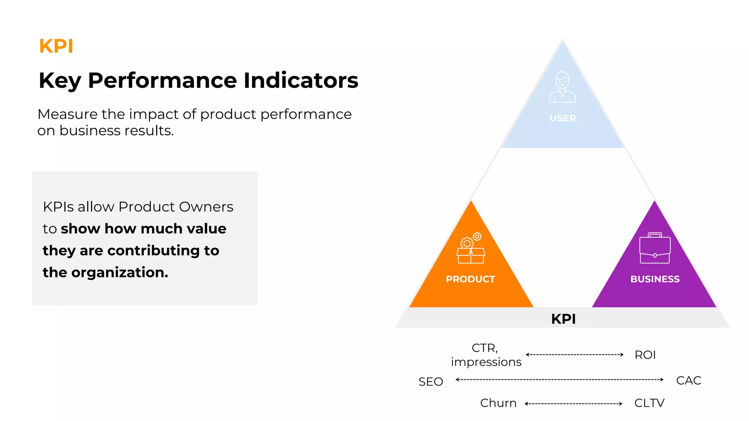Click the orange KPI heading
tap(56, 46)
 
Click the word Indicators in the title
tap(301, 80)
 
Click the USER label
tap(562, 118)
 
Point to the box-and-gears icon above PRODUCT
tap(471, 248)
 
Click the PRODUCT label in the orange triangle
tap(470, 279)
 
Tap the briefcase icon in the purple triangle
tap(655, 248)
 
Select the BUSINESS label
tap(655, 279)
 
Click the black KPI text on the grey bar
tap(563, 319)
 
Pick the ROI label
tap(645, 355)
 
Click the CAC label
tap(688, 380)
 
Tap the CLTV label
tap(649, 403)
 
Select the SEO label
tap(430, 382)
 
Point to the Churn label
tap(498, 403)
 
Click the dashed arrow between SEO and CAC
tap(559, 380)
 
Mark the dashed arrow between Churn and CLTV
tap(573, 404)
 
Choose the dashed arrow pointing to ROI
tap(574, 354)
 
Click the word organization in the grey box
tap(120, 273)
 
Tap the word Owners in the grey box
tap(206, 207)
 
